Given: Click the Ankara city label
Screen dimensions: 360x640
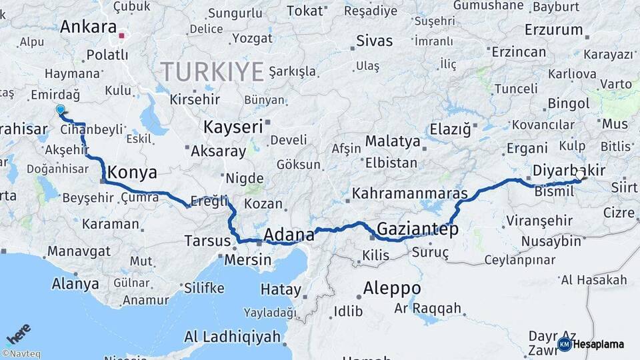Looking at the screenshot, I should tap(88, 27).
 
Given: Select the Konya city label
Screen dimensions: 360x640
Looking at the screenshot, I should tap(132, 173).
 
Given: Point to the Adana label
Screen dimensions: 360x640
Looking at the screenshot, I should tap(289, 235).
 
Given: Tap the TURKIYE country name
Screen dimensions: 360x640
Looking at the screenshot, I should tap(212, 71).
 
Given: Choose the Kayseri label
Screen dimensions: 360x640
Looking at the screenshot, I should tap(232, 127).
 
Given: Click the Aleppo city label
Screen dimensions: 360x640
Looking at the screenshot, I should tap(392, 289).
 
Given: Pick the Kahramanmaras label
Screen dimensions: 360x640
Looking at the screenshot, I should tap(410, 194).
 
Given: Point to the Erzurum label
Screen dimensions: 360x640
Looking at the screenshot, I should tap(553, 30).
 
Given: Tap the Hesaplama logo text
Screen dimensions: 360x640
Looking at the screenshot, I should tap(598, 344).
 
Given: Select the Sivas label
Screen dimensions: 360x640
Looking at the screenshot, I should tap(375, 41).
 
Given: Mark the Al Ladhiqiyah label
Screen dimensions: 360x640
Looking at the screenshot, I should tap(232, 337).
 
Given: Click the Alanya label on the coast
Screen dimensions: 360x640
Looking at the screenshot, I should tap(75, 284).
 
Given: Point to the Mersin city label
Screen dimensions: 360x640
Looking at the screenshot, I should tap(248, 260).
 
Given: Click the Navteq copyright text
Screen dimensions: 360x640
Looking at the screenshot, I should tap(21, 354).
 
